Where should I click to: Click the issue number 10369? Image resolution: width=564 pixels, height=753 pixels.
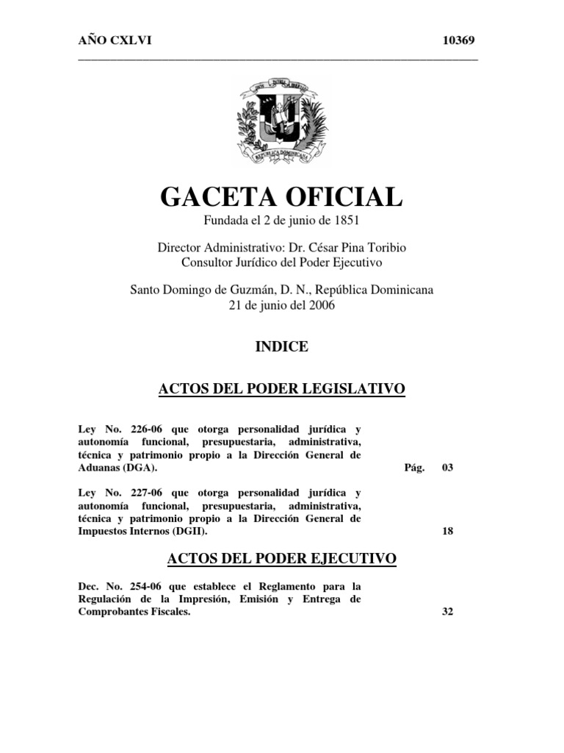460,40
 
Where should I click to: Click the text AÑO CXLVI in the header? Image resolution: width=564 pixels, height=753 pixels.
115,40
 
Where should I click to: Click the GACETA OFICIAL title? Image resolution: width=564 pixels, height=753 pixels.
281,197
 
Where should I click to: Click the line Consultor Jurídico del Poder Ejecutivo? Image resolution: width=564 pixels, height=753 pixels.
281,262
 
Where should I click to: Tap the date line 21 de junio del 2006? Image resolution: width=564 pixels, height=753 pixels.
281,304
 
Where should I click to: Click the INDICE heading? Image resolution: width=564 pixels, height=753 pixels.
281,347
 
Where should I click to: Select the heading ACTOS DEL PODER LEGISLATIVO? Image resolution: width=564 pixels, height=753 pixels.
281,388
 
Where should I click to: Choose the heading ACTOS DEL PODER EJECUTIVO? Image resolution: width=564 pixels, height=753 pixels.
281,560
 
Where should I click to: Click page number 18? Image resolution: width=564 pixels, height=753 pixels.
447,532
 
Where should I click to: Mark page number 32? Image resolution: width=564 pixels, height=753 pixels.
447,612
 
